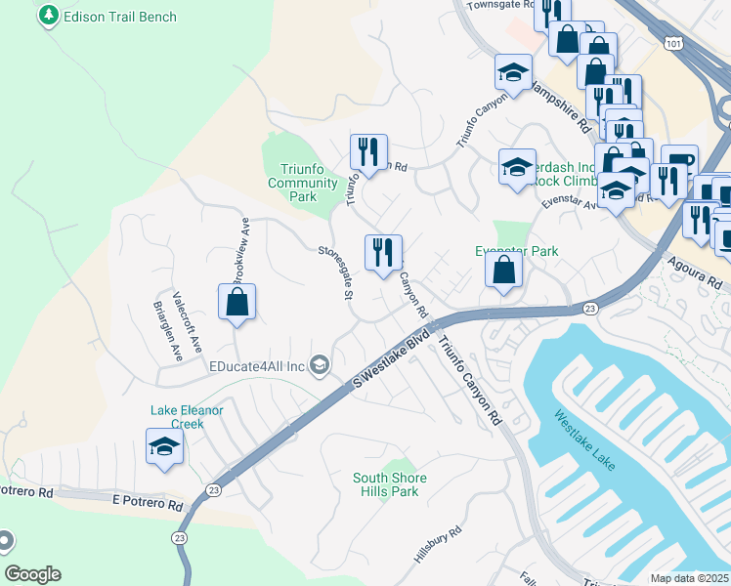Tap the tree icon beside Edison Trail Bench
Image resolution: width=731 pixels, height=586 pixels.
[48, 17]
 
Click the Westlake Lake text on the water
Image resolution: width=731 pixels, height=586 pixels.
[585, 439]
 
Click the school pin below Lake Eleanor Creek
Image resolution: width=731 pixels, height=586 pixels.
[164, 447]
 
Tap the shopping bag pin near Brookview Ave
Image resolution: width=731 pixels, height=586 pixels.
[237, 304]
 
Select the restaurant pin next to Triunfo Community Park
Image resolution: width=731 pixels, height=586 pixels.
[368, 152]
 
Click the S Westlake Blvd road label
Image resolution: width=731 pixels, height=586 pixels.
[391, 361]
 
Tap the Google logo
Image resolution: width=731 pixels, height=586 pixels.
[32, 574]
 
